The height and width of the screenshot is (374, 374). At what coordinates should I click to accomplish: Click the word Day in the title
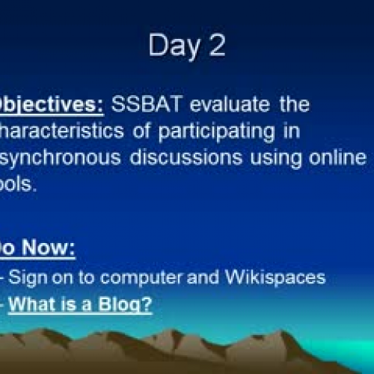pyautogui.click(x=171, y=47)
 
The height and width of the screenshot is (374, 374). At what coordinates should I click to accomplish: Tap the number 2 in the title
pyautogui.click(x=216, y=46)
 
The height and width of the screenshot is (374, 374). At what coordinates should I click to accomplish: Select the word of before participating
pyautogui.click(x=136, y=132)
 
